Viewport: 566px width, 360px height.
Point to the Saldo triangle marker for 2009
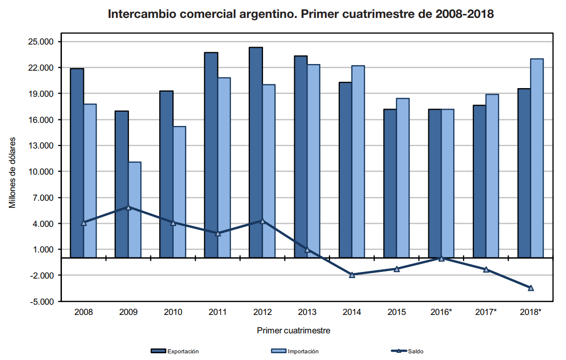pos(128,207)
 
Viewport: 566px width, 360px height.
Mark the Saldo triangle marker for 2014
pos(352,275)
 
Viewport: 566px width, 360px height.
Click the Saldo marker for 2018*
pos(531,288)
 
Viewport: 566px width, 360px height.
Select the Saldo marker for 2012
pos(263,221)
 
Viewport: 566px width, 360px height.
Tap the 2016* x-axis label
pos(442,312)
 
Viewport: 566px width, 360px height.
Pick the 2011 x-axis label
pos(217,312)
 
